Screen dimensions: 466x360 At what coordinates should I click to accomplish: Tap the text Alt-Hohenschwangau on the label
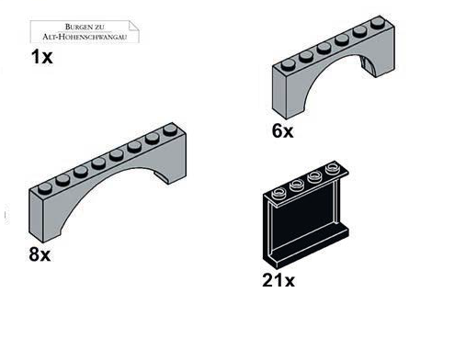[85, 37]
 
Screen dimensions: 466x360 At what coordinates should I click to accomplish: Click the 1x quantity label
[41, 57]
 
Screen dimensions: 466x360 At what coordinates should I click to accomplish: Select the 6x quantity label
[282, 131]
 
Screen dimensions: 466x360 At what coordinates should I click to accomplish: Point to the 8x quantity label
[40, 254]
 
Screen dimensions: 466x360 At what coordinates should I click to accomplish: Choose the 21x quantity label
[278, 280]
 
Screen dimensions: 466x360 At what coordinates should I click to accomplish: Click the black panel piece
[305, 214]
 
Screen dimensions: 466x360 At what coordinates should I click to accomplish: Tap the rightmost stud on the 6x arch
[378, 23]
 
